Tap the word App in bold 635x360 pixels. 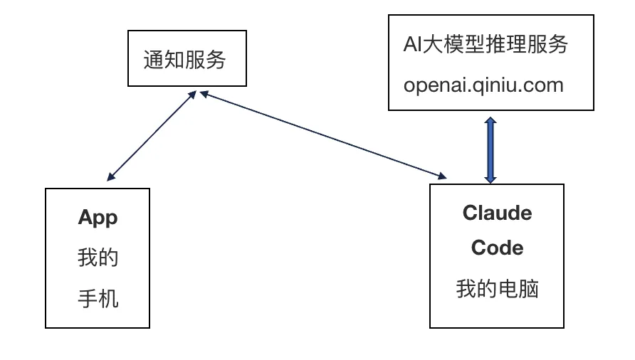[x=98, y=217]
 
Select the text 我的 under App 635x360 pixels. [x=98, y=258]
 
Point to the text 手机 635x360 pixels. [x=98, y=299]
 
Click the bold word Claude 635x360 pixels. [x=497, y=213]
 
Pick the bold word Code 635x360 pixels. [x=497, y=248]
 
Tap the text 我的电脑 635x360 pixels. [x=497, y=289]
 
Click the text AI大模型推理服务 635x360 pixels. [x=486, y=44]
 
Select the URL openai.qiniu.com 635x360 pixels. [x=483, y=85]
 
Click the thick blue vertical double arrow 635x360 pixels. [x=490, y=149]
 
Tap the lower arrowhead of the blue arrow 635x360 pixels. [x=490, y=177]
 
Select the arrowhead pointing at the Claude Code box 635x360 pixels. [x=444, y=176]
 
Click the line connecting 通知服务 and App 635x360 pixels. [x=151, y=135]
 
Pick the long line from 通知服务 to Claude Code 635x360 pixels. [x=320, y=133]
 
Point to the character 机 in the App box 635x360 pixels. [x=108, y=299]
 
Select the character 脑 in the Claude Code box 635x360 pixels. [x=528, y=289]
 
